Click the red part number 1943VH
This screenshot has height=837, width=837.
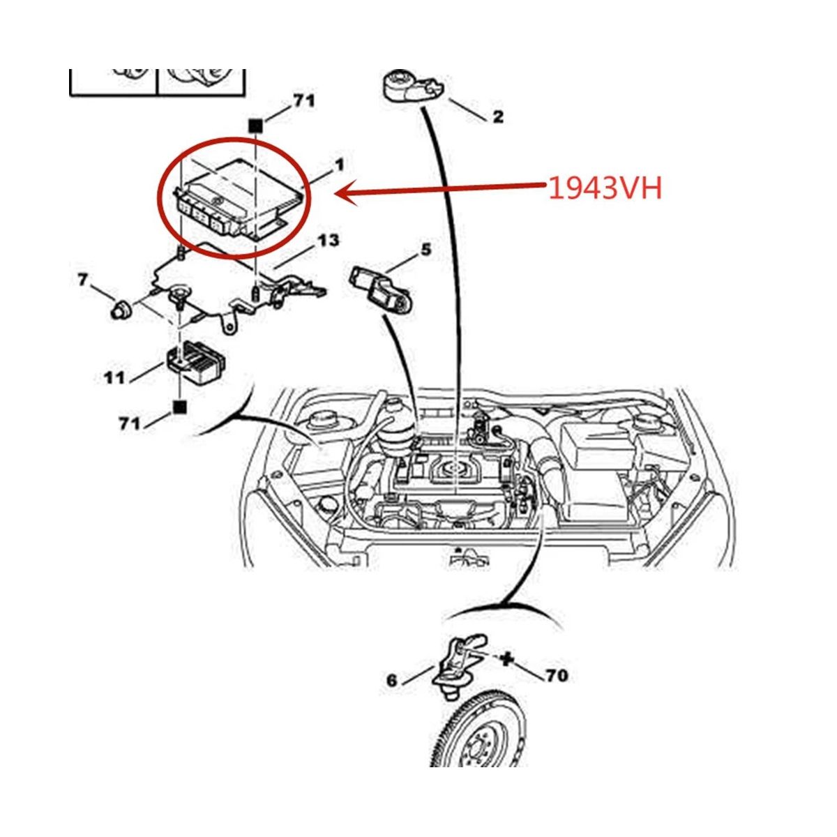pyautogui.click(x=605, y=190)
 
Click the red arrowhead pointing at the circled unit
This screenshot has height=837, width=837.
pyautogui.click(x=347, y=194)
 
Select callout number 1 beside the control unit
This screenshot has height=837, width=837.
pyautogui.click(x=339, y=165)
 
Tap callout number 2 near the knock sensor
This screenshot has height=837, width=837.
pyautogui.click(x=498, y=116)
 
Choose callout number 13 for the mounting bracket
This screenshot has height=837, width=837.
pyautogui.click(x=329, y=240)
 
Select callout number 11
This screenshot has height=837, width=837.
pyautogui.click(x=114, y=377)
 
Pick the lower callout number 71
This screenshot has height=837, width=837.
pyautogui.click(x=130, y=423)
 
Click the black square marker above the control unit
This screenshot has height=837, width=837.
pyautogui.click(x=255, y=126)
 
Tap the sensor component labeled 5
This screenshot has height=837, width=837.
pyautogui.click(x=381, y=290)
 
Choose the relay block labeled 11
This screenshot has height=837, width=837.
pyautogui.click(x=197, y=361)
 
